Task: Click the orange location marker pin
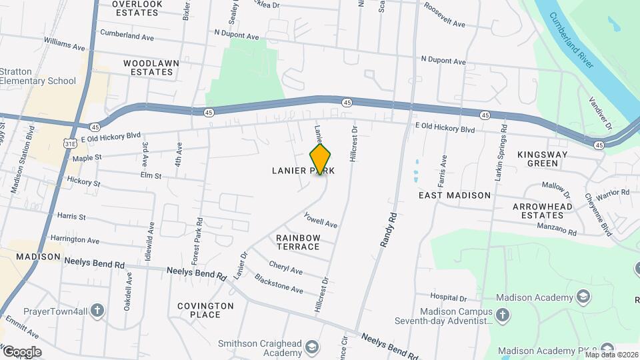(321, 159)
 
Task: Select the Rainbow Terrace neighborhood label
(298, 242)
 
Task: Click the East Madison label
(455, 195)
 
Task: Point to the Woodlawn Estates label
(151, 67)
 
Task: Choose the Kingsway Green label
(542, 159)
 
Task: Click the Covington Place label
(205, 310)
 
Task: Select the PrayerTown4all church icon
(97, 310)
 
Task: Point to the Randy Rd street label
(388, 230)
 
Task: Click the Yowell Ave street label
(321, 219)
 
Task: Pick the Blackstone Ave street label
(279, 285)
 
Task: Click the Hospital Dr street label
(449, 297)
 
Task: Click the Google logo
(21, 351)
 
